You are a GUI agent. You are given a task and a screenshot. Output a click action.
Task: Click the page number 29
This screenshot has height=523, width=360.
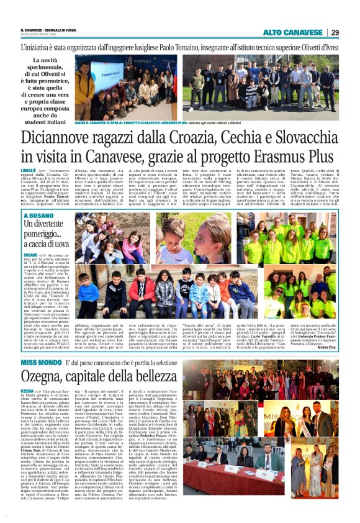[x=335, y=32]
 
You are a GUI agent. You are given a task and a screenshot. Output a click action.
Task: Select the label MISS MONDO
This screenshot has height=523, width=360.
[x=40, y=345]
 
